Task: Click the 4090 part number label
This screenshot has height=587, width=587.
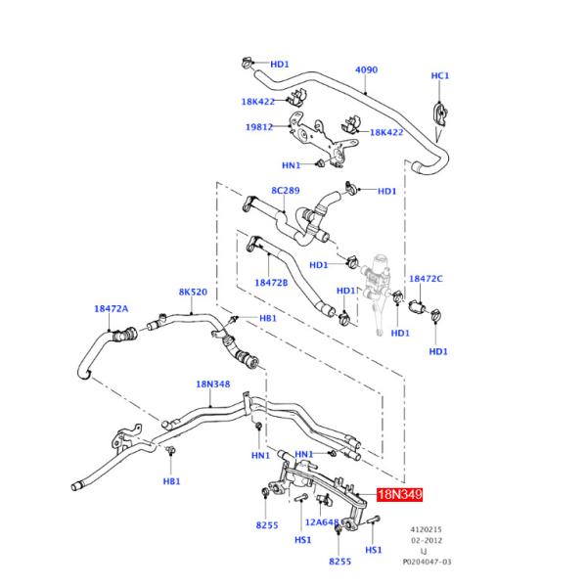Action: point(366,70)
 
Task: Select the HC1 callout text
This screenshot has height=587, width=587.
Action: point(440,75)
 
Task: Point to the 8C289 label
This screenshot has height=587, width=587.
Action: point(286,191)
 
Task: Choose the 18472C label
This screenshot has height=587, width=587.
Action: point(426,279)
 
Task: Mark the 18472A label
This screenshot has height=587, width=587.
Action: point(112,308)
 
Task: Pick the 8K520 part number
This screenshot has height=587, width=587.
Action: point(192,292)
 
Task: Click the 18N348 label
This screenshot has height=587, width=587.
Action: point(212,384)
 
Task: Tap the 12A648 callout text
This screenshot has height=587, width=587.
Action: point(322,522)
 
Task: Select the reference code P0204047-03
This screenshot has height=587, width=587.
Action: point(428,562)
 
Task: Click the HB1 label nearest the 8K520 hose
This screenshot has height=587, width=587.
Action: point(267,319)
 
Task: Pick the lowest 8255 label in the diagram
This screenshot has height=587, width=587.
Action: point(339,562)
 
